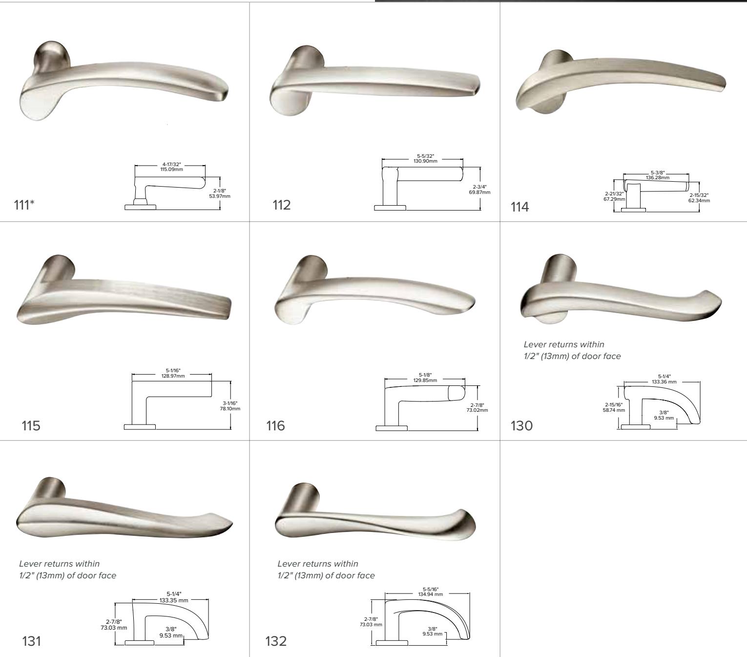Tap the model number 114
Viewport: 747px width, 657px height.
pos(519,207)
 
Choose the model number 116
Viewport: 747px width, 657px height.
pos(275,425)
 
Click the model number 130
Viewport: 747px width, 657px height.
pos(522,425)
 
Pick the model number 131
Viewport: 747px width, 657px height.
pos(32,640)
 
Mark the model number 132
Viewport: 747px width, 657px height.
pos(276,640)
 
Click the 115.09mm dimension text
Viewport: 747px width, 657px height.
pos(170,169)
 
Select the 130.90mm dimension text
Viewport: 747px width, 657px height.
pos(422,161)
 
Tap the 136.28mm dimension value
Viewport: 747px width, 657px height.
pos(657,178)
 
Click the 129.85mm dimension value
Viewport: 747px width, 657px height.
pos(424,380)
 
